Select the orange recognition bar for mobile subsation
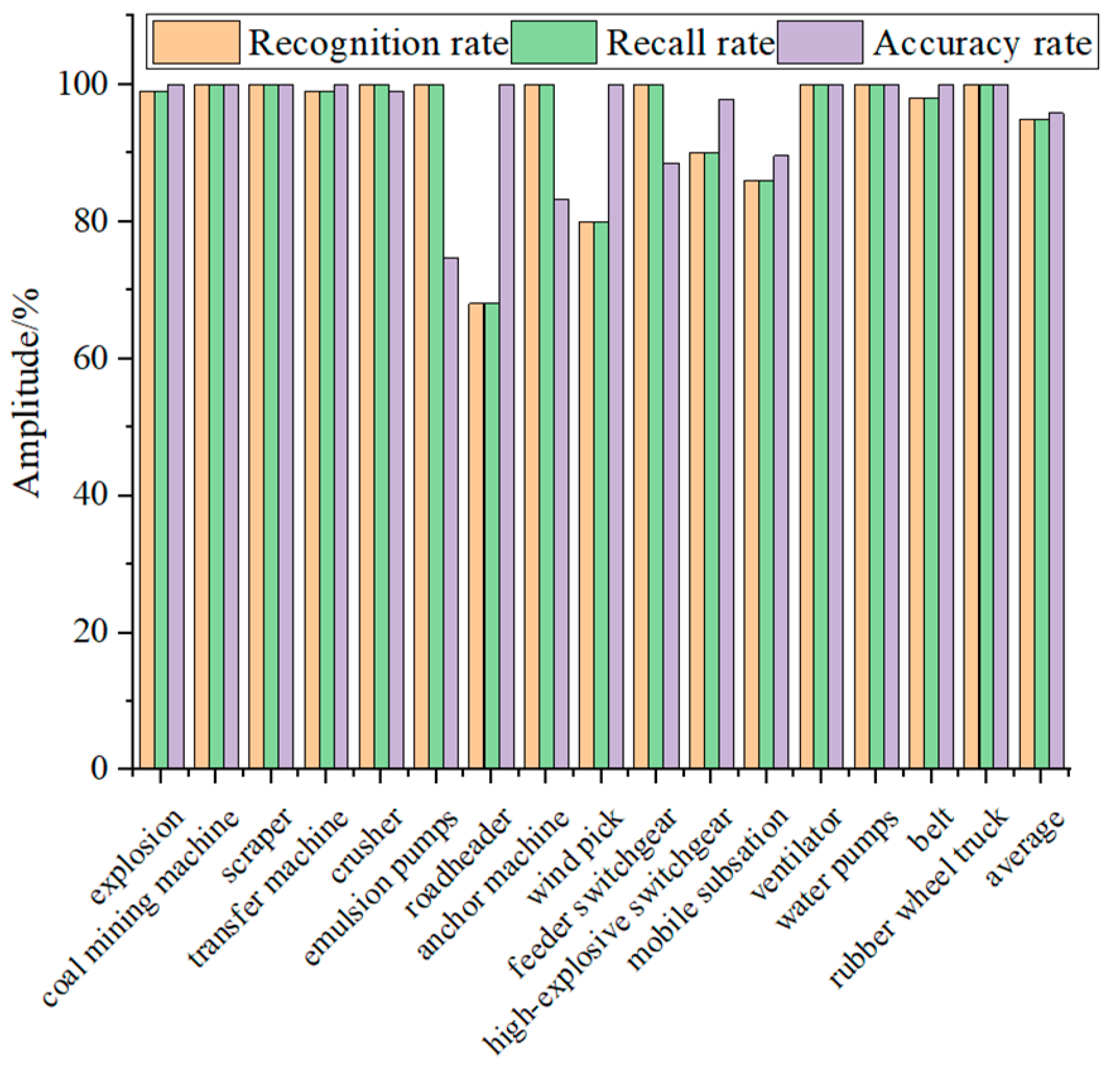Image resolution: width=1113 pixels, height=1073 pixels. (x=751, y=474)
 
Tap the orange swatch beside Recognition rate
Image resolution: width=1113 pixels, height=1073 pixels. (x=196, y=42)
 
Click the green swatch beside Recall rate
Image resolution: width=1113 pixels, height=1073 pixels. (x=554, y=42)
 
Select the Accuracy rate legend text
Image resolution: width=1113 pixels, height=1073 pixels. (x=982, y=44)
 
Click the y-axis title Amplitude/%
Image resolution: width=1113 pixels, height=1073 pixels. (x=27, y=393)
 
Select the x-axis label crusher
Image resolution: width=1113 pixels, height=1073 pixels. (x=366, y=846)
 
